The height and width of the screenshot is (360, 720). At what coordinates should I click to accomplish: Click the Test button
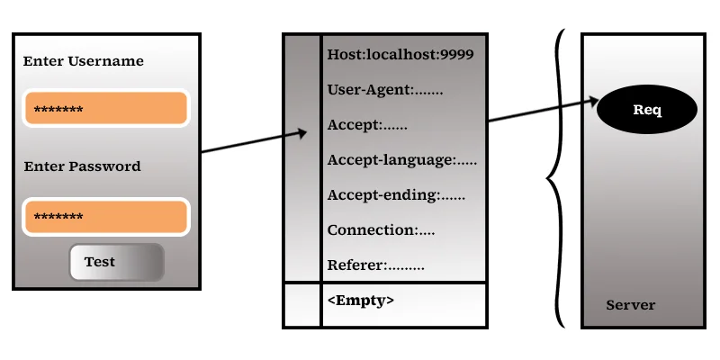(x=117, y=262)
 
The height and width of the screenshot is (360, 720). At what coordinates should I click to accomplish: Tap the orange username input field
(x=106, y=108)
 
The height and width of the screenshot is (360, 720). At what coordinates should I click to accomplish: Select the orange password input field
(x=106, y=216)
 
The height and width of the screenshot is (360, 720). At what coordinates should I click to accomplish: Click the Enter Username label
(x=83, y=61)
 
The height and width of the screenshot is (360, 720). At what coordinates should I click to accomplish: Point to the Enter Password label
(x=82, y=166)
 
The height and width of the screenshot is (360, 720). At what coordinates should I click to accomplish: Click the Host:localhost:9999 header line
(x=400, y=55)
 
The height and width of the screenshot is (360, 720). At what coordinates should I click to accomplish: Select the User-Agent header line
(x=385, y=89)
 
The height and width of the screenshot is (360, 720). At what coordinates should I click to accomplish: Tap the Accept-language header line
(x=401, y=160)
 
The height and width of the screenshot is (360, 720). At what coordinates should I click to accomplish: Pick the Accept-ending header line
(x=396, y=195)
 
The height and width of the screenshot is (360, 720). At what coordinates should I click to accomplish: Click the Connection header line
(x=381, y=230)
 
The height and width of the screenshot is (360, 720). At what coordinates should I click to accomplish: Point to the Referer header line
(x=375, y=265)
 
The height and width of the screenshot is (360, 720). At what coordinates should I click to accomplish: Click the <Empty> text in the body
(x=361, y=301)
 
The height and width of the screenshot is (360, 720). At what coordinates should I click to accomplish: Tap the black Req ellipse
(x=647, y=109)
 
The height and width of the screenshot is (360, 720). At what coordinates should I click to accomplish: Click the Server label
(x=631, y=305)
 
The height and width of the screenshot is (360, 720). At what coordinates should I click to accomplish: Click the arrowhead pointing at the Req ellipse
(x=594, y=102)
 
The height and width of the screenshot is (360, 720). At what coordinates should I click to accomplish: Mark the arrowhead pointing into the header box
(x=301, y=133)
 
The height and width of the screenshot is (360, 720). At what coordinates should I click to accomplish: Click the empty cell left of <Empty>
(x=302, y=305)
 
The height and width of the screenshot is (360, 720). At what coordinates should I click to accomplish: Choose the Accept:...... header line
(x=367, y=125)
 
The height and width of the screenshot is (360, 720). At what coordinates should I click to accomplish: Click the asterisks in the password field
(x=58, y=216)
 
